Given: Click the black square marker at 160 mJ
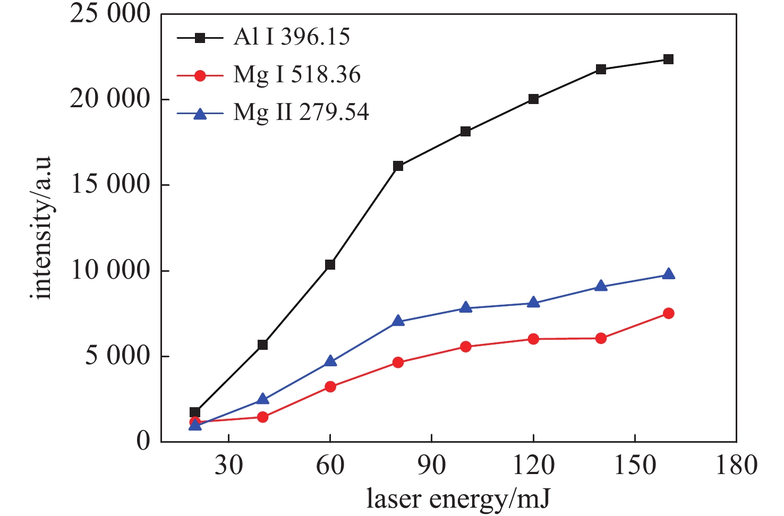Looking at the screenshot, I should tap(668, 59).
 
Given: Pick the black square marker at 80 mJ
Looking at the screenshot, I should tap(398, 166).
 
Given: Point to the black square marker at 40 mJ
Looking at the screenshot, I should tap(262, 345).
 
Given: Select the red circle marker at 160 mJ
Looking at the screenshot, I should tap(668, 314).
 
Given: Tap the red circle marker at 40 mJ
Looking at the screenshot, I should tap(262, 417).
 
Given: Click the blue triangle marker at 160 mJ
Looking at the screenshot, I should tap(668, 274).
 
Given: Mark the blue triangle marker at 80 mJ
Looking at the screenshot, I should tap(398, 321).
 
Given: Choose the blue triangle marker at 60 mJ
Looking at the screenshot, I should tap(330, 362).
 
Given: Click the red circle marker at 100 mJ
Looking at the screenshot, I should tap(465, 347).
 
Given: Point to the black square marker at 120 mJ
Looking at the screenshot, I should tap(533, 99).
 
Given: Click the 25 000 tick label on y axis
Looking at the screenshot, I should tap(110, 14).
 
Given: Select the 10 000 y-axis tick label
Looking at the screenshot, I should tap(110, 271).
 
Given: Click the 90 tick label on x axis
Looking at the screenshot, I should tap(431, 466).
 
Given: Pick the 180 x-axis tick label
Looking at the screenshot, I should tap(736, 466).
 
